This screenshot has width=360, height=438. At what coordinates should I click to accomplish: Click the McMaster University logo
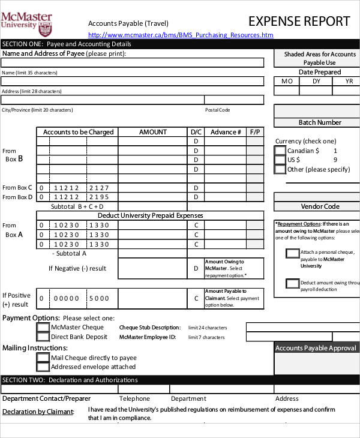[x=26, y=23]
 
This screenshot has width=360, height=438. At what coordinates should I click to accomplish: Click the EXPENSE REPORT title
[x=299, y=22]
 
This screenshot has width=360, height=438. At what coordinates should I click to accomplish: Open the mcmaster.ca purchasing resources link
[x=181, y=35]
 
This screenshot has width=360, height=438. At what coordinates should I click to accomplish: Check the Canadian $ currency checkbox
[x=280, y=151]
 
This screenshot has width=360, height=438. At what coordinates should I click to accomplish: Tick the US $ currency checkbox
[x=280, y=160]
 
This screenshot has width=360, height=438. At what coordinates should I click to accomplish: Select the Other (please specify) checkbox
[x=280, y=169]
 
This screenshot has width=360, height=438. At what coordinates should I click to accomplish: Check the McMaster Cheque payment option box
[x=43, y=328]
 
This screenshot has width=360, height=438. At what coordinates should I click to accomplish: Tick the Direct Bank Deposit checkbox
[x=43, y=337]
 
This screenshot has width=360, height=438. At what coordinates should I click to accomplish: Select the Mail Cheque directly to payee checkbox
[x=43, y=358]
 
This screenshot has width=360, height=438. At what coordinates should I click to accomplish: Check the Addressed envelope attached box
[x=43, y=367]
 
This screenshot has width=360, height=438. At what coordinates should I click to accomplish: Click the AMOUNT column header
[x=153, y=132]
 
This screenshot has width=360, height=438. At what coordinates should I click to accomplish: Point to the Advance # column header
[x=226, y=132]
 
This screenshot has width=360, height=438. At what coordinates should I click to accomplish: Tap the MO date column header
[x=287, y=81]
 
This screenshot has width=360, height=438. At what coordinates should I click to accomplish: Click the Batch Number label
[x=320, y=122]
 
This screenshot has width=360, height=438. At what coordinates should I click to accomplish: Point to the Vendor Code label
[x=320, y=206]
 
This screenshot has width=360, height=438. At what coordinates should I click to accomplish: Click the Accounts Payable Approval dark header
[x=316, y=348]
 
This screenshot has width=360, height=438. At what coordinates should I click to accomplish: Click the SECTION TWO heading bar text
[x=70, y=380]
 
